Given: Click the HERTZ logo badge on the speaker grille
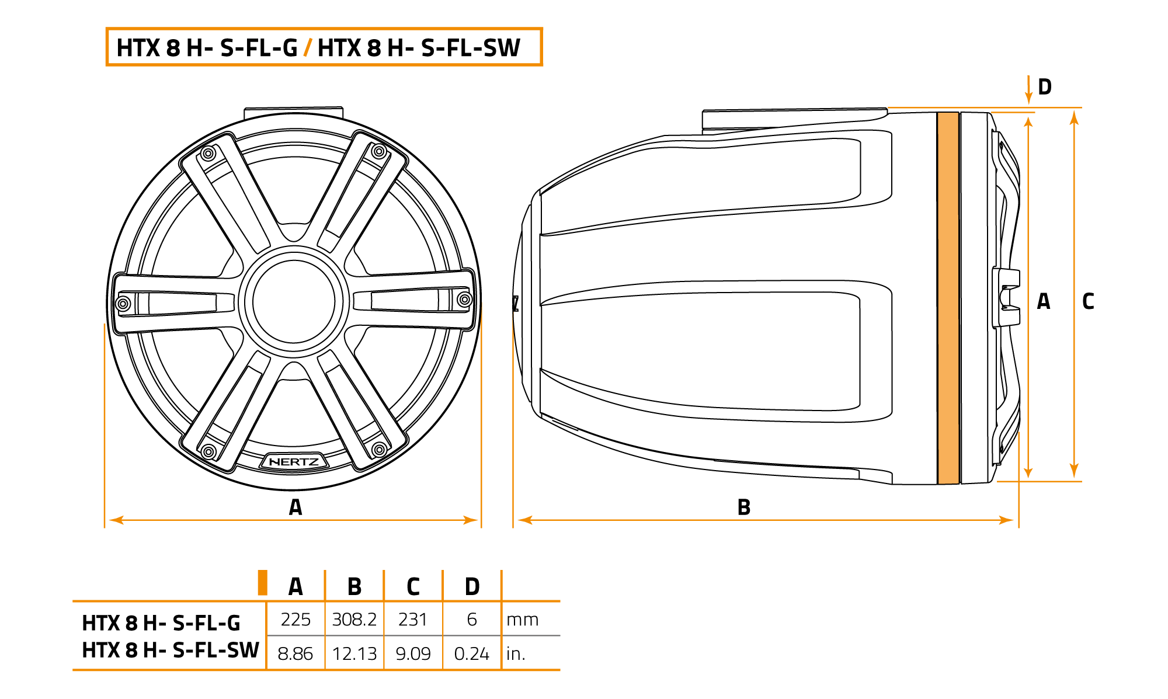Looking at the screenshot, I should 294,462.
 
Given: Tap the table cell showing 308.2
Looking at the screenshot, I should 354,619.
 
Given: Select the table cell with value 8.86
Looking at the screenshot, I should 295,653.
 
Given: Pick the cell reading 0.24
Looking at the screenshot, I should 471,653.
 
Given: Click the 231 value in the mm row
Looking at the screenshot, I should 413,619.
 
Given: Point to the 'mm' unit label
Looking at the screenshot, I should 522,619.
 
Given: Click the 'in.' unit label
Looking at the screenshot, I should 516,653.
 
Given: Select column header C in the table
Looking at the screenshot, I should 413,586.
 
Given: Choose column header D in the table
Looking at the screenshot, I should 472,586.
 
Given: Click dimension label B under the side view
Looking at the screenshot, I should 743,507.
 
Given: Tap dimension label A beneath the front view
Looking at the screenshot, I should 296,507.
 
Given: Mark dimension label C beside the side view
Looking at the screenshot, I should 1088,301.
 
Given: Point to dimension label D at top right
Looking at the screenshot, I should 1045,87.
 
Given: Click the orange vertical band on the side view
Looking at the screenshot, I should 948,298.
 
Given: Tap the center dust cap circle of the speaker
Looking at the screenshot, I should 294,301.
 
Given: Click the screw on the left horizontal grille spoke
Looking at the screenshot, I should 123,303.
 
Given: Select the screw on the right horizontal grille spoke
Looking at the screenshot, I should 465,300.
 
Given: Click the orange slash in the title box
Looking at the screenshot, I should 307,47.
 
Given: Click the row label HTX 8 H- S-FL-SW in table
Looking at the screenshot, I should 170,650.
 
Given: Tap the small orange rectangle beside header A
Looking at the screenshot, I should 263,583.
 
